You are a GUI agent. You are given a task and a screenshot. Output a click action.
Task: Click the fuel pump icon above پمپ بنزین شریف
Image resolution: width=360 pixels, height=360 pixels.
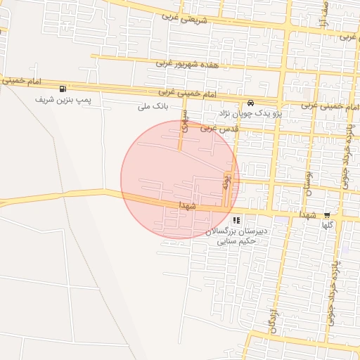(64, 89)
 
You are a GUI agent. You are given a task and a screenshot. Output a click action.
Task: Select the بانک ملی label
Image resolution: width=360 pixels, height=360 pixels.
(153, 106)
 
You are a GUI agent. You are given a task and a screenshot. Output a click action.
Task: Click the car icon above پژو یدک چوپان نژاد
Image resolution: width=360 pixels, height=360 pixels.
(251, 102)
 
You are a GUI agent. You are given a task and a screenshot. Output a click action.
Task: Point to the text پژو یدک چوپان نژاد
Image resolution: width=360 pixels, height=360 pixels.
(250, 112)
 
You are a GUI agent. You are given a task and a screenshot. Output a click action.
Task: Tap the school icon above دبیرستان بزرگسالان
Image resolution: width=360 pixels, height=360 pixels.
(235, 221)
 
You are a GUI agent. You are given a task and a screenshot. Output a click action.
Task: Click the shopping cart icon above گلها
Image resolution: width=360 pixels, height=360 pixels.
(327, 215)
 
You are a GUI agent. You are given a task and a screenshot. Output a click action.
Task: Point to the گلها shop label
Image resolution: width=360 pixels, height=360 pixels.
(327, 226)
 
